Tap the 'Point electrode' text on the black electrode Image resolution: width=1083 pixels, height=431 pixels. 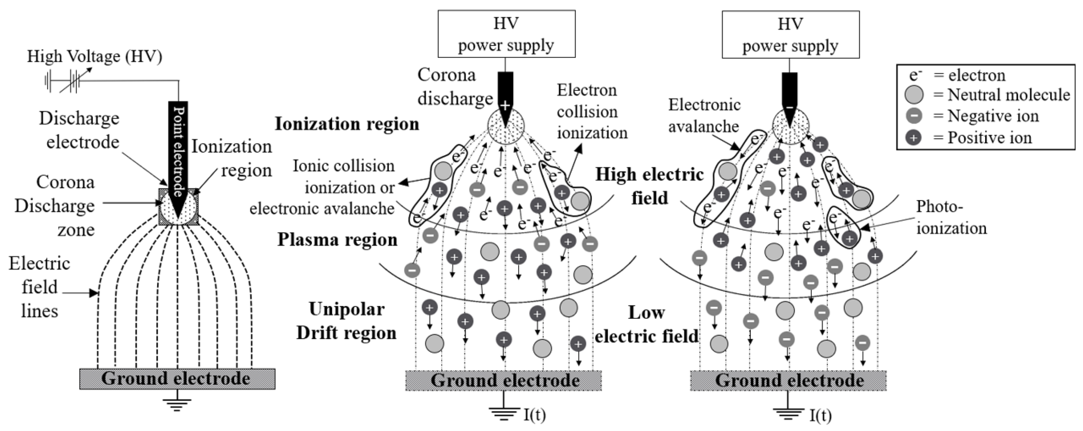(178, 151)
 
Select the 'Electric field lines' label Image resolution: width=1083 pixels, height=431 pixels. (40, 287)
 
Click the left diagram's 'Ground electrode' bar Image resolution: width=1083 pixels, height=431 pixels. (177, 379)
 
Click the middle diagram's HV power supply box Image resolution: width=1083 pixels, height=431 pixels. (506, 34)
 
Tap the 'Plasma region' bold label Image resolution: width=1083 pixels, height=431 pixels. (337, 240)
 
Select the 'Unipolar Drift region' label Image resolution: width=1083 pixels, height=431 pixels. (346, 321)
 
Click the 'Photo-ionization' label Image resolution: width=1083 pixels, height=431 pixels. (951, 217)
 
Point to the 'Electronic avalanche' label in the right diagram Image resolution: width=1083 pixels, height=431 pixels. (704, 115)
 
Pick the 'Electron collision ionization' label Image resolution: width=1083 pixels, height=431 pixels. (592, 111)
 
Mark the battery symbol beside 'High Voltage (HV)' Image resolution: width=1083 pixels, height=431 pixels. (63, 81)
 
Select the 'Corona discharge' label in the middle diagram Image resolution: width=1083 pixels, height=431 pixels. (454, 87)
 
